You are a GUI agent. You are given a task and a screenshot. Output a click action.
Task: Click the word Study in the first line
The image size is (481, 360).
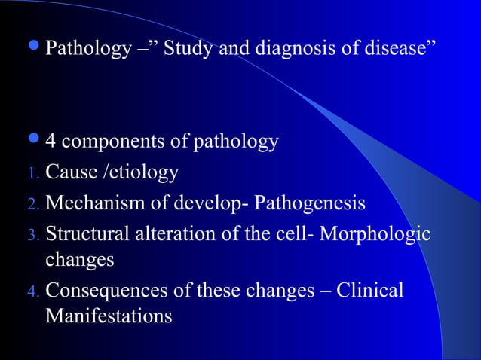188,51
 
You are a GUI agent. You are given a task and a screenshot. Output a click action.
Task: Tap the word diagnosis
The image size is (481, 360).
288,51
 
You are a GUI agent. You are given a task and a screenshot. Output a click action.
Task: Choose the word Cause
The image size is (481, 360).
70,173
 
